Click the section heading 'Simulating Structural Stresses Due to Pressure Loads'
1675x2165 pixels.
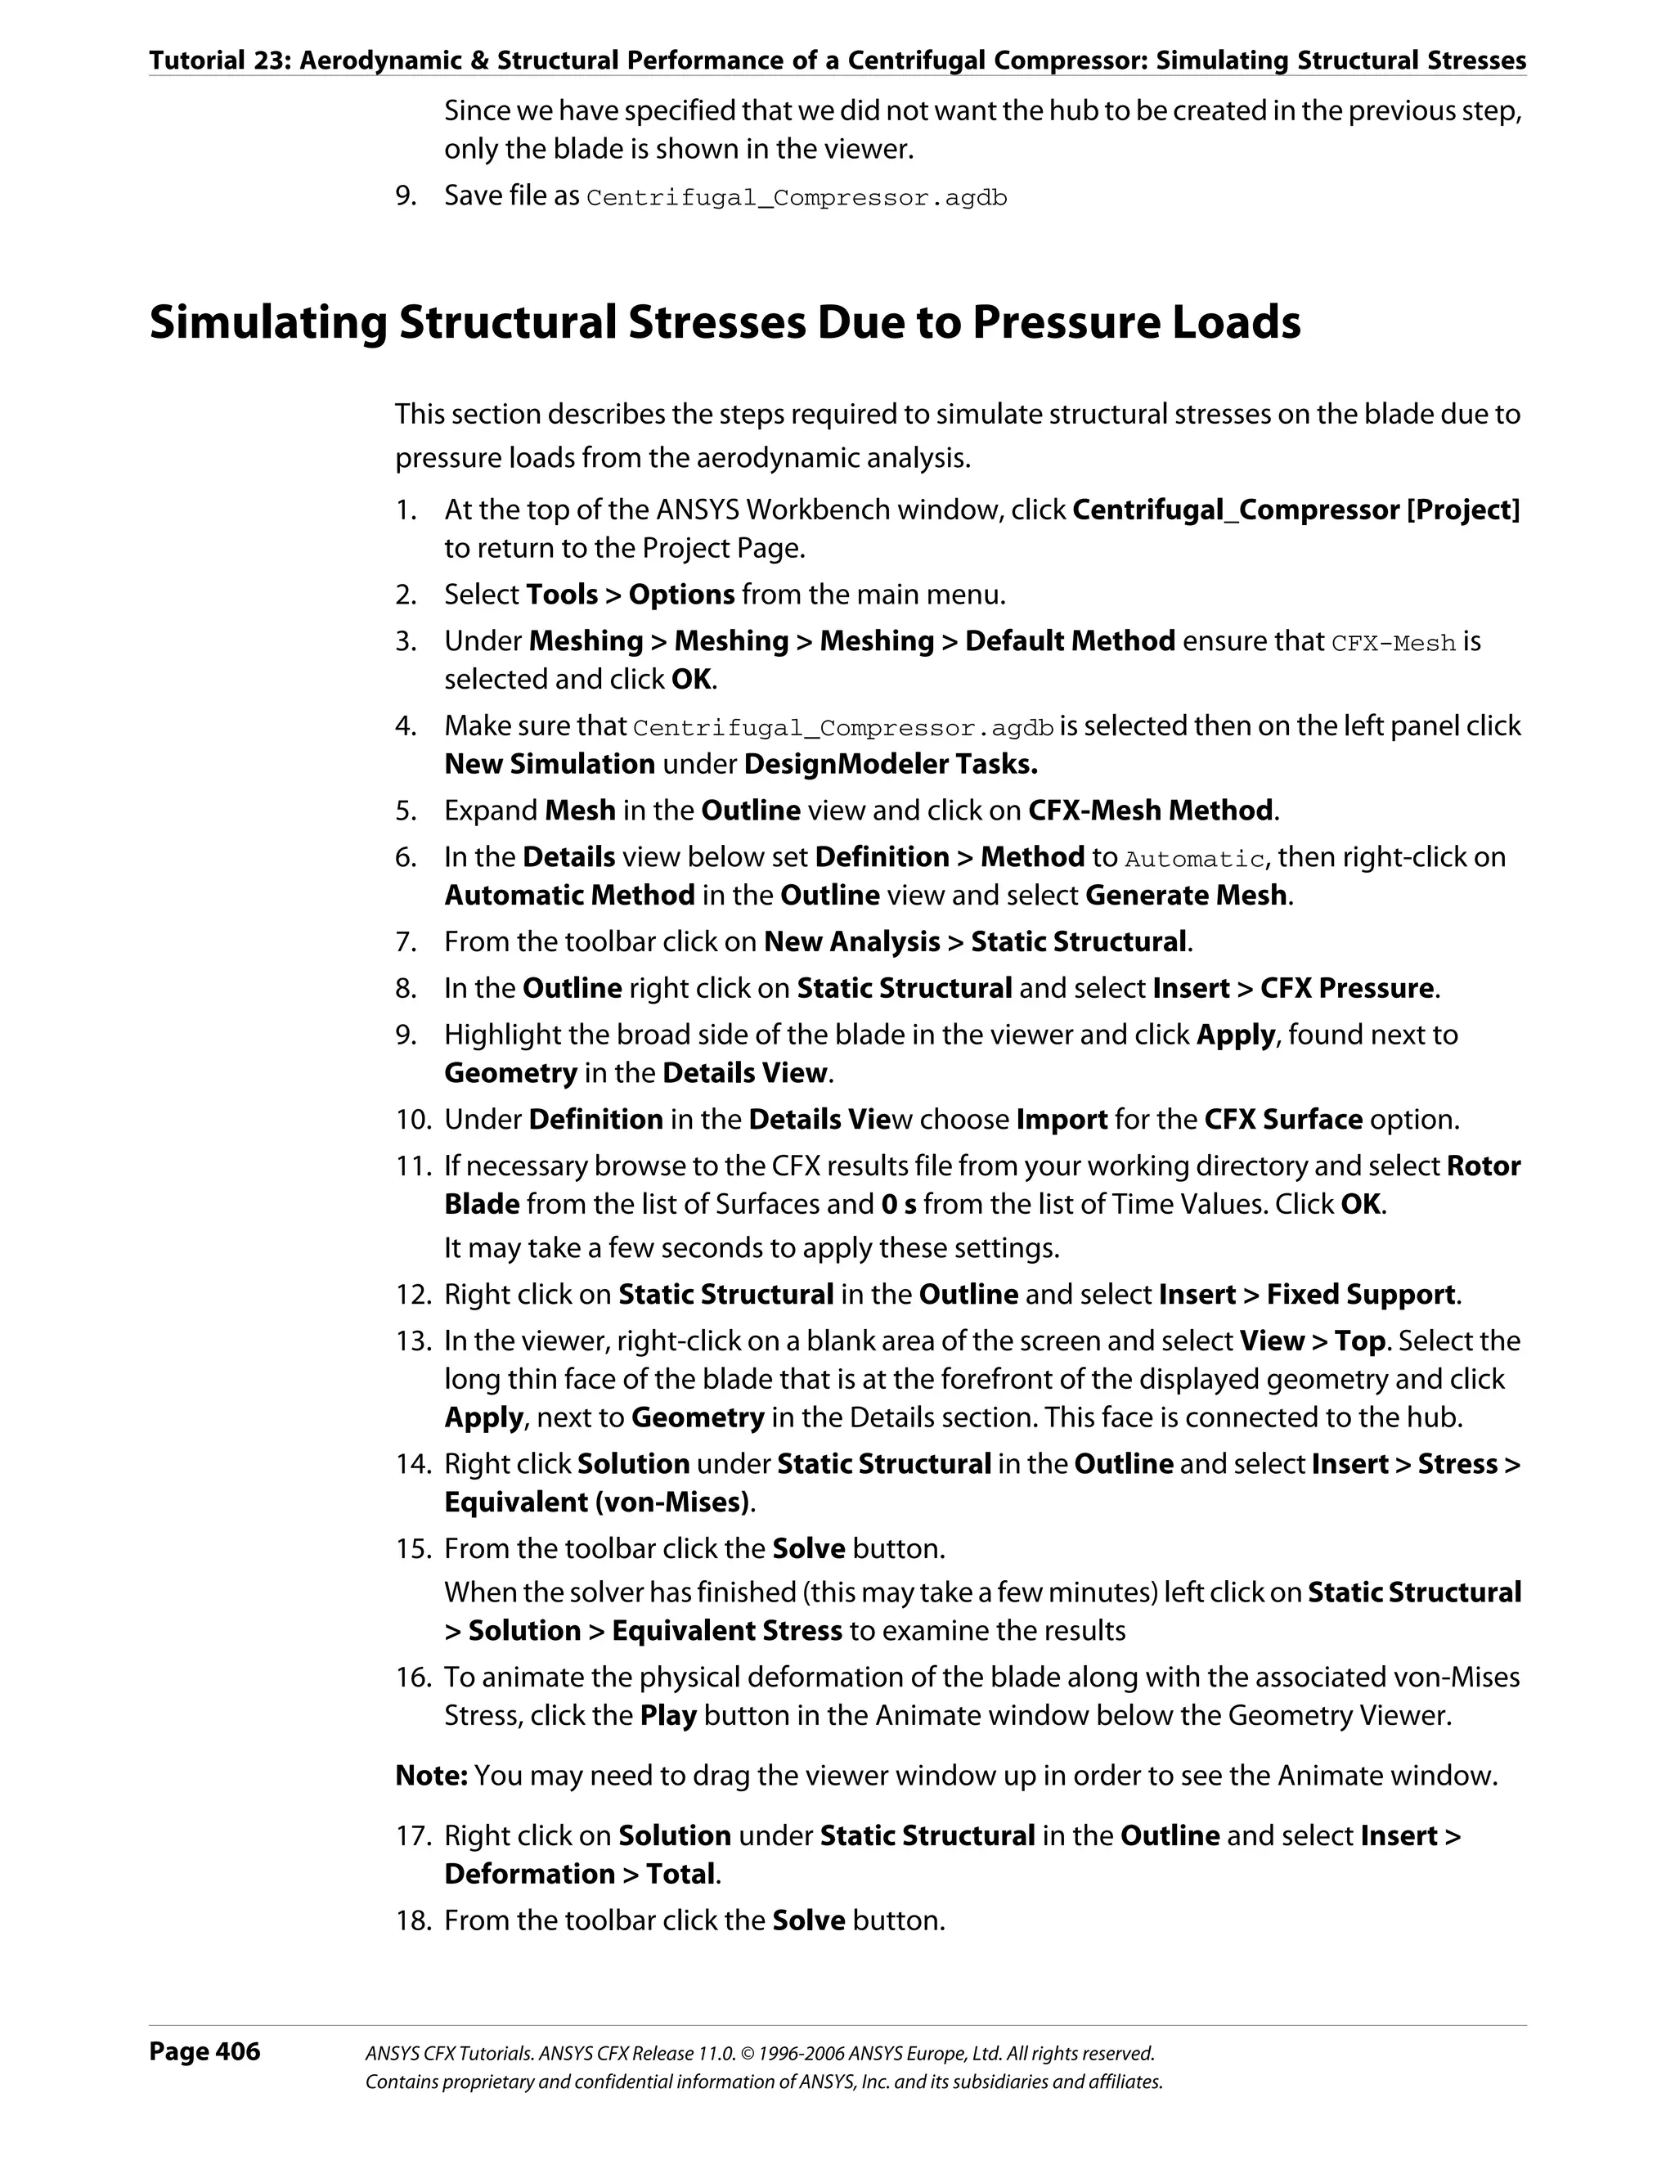pyautogui.click(x=725, y=323)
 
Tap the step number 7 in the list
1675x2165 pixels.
pyautogui.click(x=406, y=941)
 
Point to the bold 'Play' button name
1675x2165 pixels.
pyautogui.click(x=668, y=1716)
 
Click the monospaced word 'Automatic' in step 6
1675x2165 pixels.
pyautogui.click(x=1194, y=859)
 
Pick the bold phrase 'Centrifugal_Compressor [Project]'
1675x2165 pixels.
pyautogui.click(x=1296, y=510)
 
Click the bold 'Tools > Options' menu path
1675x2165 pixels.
pyautogui.click(x=631, y=595)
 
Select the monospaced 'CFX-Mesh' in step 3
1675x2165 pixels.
pyautogui.click(x=1393, y=644)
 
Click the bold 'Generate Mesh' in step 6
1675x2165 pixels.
pyautogui.click(x=1187, y=895)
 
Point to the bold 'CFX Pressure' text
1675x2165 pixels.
pyautogui.click(x=1347, y=988)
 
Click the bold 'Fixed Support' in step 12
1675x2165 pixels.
pyautogui.click(x=1360, y=1295)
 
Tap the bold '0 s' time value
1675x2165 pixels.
pyautogui.click(x=898, y=1205)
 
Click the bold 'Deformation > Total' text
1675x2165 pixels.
pyautogui.click(x=580, y=1874)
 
